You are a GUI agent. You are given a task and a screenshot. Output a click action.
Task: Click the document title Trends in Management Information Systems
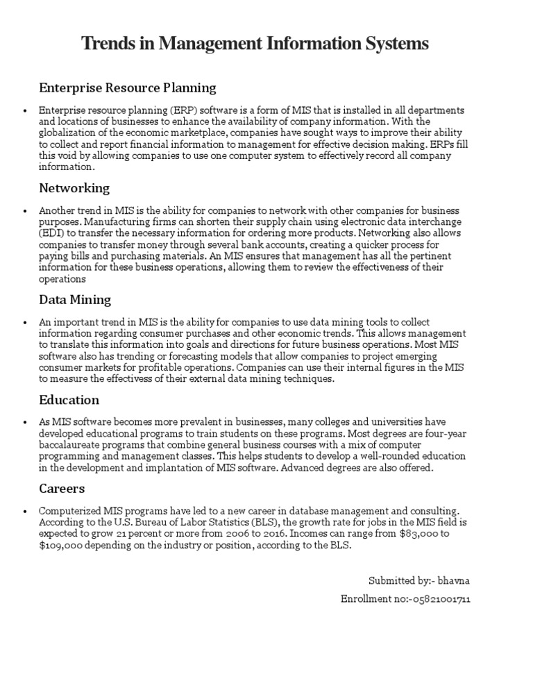tap(255, 44)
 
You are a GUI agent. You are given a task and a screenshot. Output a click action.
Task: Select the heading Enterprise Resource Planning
tap(128, 88)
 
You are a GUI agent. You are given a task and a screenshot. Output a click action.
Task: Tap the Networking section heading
tap(74, 188)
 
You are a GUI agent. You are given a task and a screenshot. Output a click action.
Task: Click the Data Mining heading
tap(75, 300)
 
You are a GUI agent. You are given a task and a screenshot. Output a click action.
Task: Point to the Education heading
tap(69, 400)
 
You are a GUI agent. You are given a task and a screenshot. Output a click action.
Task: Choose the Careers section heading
tap(62, 489)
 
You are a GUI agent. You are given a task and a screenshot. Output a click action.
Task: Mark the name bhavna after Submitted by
tap(455, 580)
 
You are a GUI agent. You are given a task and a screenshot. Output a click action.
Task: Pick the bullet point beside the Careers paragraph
tap(24, 511)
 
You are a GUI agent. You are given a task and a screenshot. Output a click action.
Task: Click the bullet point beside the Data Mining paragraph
tap(24, 323)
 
